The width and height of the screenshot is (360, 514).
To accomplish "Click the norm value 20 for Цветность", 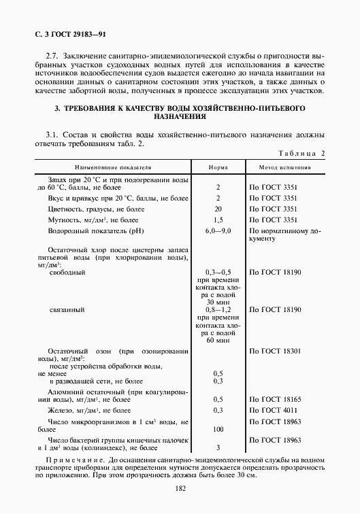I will click(x=218, y=209).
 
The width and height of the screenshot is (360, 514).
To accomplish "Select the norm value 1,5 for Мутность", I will click(x=218, y=220).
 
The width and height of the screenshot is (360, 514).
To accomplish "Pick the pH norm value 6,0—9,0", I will click(x=218, y=232).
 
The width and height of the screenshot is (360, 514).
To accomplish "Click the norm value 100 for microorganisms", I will click(x=218, y=429).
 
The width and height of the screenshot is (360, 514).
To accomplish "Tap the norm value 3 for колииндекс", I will click(x=218, y=447).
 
